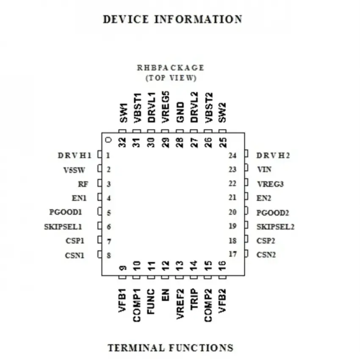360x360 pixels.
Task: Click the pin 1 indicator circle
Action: tap(108, 140)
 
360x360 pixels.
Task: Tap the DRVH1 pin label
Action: tap(75, 155)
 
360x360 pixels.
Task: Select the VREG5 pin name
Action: tap(165, 107)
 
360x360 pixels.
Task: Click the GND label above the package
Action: tap(180, 112)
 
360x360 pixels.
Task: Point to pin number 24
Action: tap(233, 156)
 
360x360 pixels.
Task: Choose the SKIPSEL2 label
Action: tap(275, 227)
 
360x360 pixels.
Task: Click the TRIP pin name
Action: tap(194, 299)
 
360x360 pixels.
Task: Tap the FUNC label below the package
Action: tap(151, 302)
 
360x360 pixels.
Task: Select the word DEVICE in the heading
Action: tap(126, 19)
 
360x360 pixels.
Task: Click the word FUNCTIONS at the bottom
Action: tap(201, 348)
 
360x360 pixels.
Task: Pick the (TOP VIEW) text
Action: tap(171, 78)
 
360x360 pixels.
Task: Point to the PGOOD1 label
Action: tap(66, 212)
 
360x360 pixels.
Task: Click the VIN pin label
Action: tap(264, 169)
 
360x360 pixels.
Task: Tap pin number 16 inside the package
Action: tap(222, 266)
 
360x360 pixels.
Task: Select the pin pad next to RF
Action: tap(100, 183)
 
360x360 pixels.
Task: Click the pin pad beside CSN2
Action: tap(246, 253)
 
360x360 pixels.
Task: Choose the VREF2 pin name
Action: tap(180, 304)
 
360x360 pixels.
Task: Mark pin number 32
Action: tap(122, 142)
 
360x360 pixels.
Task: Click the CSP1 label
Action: tap(75, 241)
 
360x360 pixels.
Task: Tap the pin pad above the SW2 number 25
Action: tap(222, 131)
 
